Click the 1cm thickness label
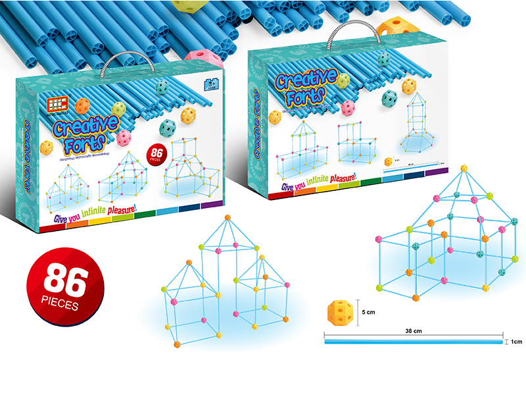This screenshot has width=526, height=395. click(x=514, y=342)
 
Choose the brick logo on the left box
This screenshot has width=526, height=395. click(x=56, y=103)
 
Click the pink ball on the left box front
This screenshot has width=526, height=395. click(x=123, y=138)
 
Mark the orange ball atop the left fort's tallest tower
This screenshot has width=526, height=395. click(x=227, y=218)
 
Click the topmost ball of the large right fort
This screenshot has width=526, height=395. click(x=464, y=168)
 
